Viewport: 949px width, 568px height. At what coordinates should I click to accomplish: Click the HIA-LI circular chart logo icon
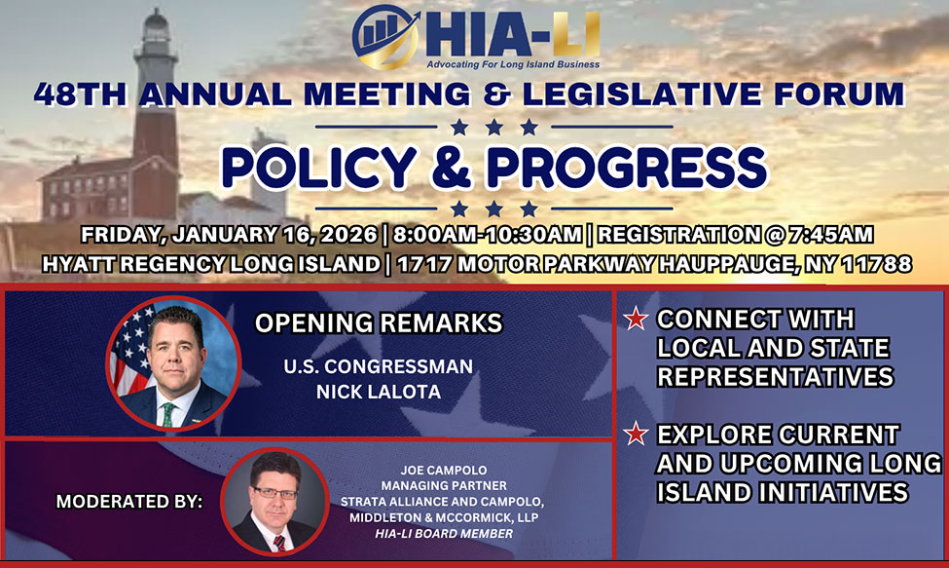point(385,36)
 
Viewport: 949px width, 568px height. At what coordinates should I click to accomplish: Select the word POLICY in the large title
point(318,168)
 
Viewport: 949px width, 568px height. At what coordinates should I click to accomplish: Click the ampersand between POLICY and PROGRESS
point(451,168)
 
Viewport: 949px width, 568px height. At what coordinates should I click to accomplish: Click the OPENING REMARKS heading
point(379,322)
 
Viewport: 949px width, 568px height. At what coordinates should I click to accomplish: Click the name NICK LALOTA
point(379,392)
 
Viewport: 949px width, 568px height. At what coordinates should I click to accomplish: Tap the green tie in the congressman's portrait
point(167,414)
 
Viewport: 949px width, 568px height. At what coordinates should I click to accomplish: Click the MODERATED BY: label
point(128,502)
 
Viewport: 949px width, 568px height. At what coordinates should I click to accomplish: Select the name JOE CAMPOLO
point(444,470)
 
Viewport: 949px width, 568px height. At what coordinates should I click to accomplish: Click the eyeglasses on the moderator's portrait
point(275,492)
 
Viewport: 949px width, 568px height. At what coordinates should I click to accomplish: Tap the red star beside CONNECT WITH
point(637,319)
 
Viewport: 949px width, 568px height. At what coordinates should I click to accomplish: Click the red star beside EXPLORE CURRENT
point(637,434)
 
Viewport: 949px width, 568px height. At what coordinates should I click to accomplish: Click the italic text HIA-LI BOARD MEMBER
point(444,534)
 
